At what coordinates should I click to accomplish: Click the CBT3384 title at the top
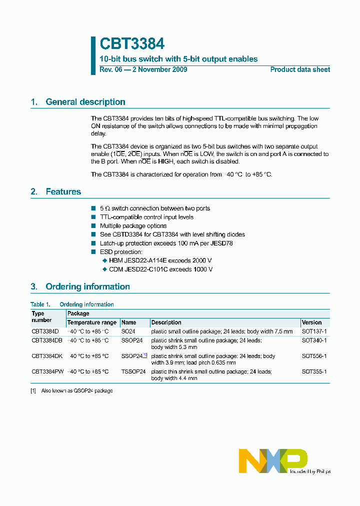[132, 44]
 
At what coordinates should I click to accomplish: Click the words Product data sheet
[300, 69]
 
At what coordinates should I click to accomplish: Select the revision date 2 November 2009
[159, 69]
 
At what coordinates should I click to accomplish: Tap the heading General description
[85, 102]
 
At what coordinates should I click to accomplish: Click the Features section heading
[63, 191]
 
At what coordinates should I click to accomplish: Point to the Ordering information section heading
[87, 286]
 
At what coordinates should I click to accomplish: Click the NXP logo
[273, 460]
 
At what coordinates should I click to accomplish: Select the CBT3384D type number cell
[45, 331]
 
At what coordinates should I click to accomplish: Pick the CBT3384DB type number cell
[47, 340]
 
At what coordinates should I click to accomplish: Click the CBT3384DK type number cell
[47, 356]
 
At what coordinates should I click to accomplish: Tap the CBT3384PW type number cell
[47, 372]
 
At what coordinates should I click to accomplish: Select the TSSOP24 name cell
[133, 372]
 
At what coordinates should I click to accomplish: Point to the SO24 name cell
[128, 331]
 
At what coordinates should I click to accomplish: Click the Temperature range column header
[91, 322]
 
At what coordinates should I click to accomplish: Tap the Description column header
[166, 322]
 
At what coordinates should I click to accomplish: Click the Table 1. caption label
[40, 304]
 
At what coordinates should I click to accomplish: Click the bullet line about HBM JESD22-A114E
[160, 260]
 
